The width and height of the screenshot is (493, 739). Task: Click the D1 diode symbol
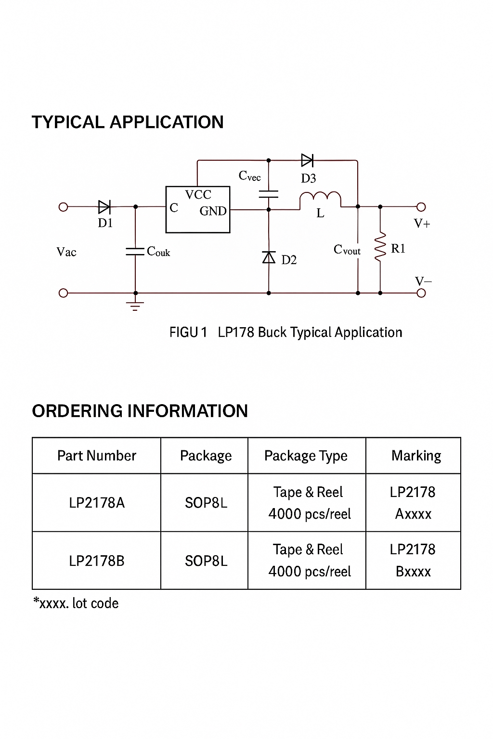(104, 207)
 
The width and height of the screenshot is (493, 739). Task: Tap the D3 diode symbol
(307, 160)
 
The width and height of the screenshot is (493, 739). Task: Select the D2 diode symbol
(269, 258)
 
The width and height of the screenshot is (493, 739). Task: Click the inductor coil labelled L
(320, 198)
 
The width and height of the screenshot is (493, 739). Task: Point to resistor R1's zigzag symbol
(380, 248)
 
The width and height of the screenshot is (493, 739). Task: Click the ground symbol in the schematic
(135, 306)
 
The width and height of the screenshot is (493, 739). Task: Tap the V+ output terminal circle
(421, 207)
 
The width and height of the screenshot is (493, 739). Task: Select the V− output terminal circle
(421, 293)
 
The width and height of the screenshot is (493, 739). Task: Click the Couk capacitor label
(158, 251)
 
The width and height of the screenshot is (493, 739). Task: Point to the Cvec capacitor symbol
(269, 194)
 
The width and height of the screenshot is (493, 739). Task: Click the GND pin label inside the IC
(213, 211)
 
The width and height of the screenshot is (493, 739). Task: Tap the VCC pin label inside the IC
(198, 195)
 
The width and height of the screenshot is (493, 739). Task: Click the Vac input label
(66, 252)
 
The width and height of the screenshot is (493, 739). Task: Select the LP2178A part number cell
(97, 503)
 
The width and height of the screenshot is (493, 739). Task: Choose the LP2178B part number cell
(97, 561)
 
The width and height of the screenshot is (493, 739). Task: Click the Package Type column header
(306, 456)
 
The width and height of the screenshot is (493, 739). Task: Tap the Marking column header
(416, 456)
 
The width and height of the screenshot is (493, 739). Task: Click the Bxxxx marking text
(413, 572)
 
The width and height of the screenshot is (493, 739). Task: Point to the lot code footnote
(76, 603)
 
